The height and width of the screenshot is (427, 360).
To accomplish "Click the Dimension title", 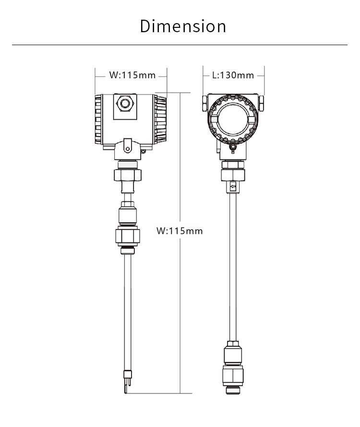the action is (x=183, y=26).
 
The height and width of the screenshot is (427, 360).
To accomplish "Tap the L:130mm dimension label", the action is (x=233, y=75).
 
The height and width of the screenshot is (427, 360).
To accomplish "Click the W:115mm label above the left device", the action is (x=132, y=75).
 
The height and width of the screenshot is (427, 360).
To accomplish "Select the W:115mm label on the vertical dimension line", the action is (x=180, y=231).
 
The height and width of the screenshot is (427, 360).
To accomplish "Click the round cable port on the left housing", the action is (x=125, y=103).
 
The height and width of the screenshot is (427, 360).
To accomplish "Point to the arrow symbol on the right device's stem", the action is (x=233, y=187).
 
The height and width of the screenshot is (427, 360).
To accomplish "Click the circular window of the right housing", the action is (x=233, y=119).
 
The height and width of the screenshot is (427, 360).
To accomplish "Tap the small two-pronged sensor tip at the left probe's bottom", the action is (x=127, y=381).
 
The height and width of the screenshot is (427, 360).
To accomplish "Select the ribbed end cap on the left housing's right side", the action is (x=160, y=119).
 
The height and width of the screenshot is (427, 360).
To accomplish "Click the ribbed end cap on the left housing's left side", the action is (x=98, y=119).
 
